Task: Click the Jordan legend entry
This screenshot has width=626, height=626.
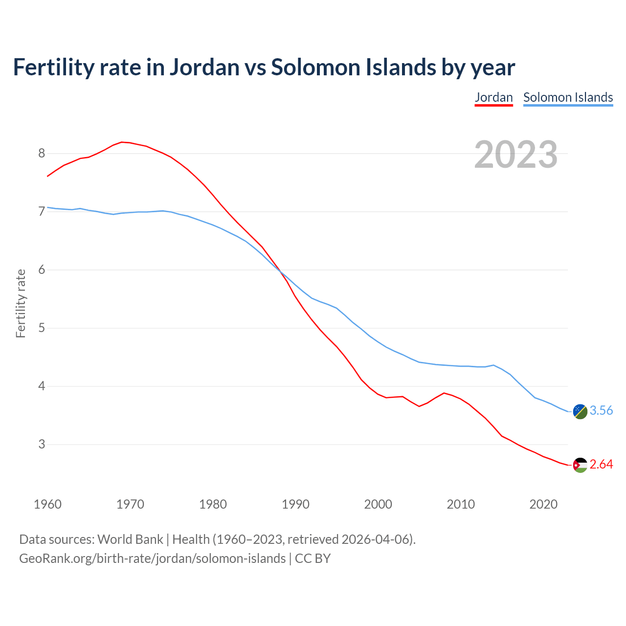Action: pos(493,97)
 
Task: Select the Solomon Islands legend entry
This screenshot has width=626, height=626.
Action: pos(568,97)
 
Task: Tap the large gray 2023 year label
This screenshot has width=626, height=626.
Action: pos(515,155)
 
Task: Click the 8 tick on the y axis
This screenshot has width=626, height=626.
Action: pos(42,154)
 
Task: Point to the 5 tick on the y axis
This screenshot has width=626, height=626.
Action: pos(42,328)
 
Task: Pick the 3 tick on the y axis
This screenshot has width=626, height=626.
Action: pos(42,445)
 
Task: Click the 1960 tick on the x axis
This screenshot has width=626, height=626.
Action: pos(47,504)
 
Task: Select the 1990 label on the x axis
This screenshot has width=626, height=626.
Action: pos(295,504)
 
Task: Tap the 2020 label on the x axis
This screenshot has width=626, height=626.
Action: pos(543,504)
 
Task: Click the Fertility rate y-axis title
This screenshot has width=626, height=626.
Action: pos(21,303)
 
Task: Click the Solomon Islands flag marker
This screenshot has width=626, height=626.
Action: pos(580,411)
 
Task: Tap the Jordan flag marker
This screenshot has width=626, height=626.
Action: pos(580,465)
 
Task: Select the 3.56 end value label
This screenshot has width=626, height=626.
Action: pos(601,411)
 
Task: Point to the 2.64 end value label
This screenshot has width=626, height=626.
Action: pos(601,465)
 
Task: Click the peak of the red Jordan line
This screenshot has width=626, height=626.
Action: pos(122,142)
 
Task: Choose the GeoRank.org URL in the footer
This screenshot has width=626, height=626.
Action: pos(152,559)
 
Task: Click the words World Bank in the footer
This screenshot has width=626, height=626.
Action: pos(130,539)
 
